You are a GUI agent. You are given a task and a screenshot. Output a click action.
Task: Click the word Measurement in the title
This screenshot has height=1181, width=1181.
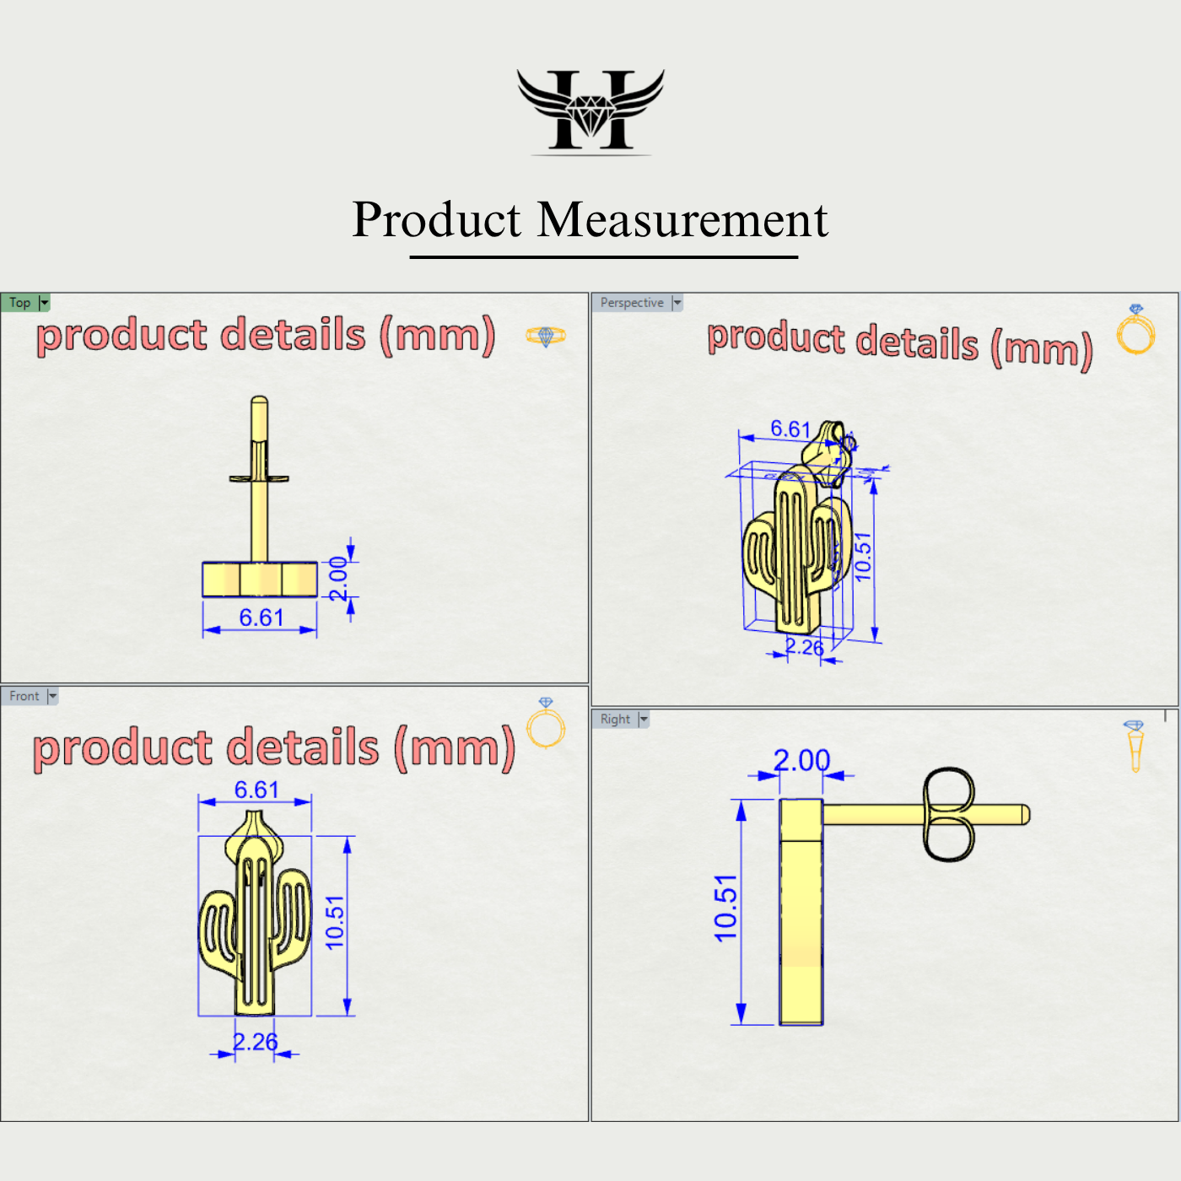coord(682,220)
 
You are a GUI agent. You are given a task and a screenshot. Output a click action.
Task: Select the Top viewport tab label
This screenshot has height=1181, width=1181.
coord(20,303)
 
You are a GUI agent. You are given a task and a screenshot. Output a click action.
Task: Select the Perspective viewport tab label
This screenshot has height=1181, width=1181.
coord(632,303)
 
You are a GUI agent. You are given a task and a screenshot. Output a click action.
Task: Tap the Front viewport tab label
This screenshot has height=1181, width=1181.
coord(24,696)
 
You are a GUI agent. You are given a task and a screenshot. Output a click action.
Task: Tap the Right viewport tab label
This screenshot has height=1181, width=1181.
coord(615,719)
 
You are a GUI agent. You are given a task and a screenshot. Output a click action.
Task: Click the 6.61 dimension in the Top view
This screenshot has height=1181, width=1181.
coord(261,617)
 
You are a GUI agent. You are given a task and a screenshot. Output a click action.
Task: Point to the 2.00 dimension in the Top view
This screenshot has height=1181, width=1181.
coord(338,579)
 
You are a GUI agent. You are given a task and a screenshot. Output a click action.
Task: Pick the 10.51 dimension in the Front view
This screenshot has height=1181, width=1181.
coord(335,923)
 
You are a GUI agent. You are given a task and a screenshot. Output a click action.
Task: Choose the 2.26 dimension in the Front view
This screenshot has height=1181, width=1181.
coord(255,1042)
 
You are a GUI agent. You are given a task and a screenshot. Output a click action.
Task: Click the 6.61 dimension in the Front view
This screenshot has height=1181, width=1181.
coord(256,790)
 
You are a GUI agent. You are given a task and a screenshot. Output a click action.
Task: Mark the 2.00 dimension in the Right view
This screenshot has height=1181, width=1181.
coord(801,760)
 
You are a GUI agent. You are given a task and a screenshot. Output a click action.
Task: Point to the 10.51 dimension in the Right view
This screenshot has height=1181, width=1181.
coord(725,908)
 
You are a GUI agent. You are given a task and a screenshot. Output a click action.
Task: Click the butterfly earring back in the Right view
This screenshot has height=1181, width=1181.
coord(948,814)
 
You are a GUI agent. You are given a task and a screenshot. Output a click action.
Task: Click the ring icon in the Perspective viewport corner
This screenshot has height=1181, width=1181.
coord(1135,330)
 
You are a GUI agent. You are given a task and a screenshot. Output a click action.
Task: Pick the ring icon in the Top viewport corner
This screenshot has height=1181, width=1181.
coord(546,336)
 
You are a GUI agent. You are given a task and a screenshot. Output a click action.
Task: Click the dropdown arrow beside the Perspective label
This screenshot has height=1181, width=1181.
coord(677,303)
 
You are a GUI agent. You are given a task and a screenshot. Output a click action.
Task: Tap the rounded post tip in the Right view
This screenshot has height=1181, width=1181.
coord(1025,814)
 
